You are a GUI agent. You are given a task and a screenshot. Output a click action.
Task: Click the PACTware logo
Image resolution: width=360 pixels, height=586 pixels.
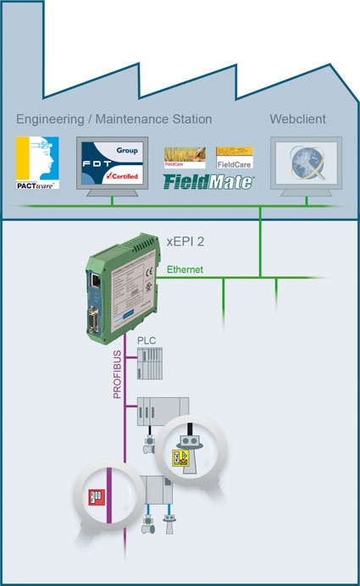[x=36, y=162]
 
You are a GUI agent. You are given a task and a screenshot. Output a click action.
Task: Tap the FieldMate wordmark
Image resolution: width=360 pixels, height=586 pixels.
[x=209, y=180]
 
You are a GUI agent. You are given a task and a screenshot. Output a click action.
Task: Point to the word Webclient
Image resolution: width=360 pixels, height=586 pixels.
[x=298, y=119]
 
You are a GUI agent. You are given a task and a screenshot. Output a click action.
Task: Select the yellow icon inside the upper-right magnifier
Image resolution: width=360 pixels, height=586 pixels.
[x=180, y=459]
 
